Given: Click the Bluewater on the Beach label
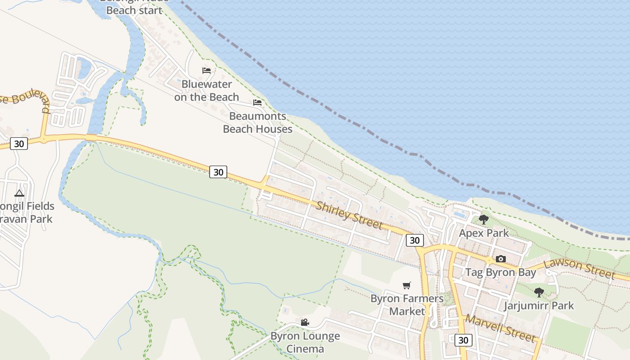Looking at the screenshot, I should [207, 90].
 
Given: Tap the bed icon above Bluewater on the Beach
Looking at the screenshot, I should [207, 71].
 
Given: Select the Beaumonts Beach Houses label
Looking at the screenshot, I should [257, 122].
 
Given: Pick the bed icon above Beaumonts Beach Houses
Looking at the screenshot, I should [257, 103].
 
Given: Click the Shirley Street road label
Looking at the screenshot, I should [349, 215].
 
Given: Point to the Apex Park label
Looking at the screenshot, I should [484, 233].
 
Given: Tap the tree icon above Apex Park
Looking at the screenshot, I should [484, 220].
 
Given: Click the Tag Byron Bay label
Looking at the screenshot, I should [500, 272].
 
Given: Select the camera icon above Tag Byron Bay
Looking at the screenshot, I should [500, 259].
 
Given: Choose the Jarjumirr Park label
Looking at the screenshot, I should [539, 306].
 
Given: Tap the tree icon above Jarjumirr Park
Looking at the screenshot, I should [539, 292].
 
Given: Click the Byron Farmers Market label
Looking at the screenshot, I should [407, 305].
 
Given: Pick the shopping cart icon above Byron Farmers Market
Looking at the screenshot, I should [407, 285].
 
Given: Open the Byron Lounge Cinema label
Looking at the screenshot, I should [305, 342].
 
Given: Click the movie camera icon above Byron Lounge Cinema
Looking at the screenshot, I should [305, 322].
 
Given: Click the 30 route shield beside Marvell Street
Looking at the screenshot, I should [463, 340].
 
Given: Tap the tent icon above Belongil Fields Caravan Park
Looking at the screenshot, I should [19, 193].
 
